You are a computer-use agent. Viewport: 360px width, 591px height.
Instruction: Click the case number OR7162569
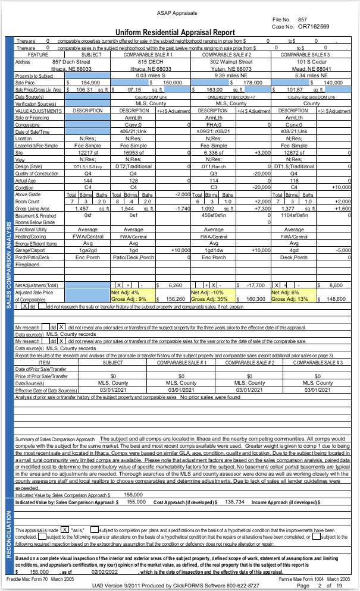[x=314, y=26]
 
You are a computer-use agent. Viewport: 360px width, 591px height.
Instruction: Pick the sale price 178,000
[x=253, y=82]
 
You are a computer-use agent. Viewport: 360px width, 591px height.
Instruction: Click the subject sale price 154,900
[x=89, y=82]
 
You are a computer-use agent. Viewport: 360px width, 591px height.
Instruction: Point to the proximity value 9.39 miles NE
[x=228, y=76]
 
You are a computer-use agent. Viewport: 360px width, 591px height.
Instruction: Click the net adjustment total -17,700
[x=253, y=285]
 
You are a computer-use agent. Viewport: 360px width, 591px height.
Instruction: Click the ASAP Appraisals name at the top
[x=180, y=12]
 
